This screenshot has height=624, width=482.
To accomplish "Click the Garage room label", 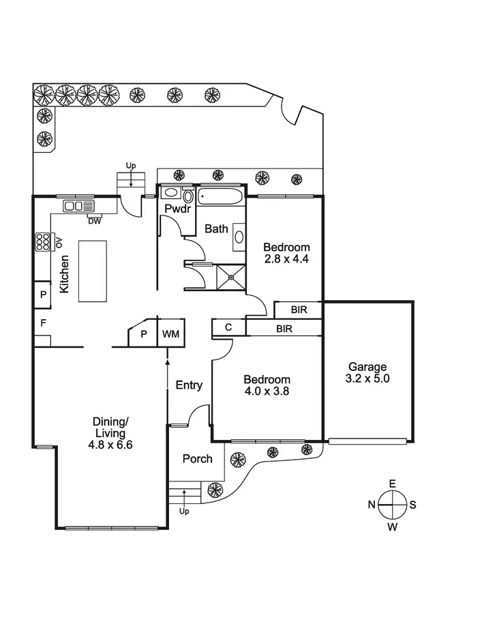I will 367,366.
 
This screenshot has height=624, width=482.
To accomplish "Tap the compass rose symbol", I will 392,505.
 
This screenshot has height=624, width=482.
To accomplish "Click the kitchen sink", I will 79,205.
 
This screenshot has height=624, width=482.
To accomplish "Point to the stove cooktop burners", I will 43,241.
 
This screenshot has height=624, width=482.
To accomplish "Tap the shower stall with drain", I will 231,277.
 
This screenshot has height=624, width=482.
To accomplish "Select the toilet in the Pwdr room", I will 188,196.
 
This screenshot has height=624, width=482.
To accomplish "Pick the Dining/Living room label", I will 109,427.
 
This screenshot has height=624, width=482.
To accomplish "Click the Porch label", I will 197,459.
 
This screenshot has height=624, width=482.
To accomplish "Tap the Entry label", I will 189,385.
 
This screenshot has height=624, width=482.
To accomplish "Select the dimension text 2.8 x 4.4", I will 286,259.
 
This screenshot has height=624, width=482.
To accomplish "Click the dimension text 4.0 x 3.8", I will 267,391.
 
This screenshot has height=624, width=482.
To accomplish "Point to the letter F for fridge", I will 42,323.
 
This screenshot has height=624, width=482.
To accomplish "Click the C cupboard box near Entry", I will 228,328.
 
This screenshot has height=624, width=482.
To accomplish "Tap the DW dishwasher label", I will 94,220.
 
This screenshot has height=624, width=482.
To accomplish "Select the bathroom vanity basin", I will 239,237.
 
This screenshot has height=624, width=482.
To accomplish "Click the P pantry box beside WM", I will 144,334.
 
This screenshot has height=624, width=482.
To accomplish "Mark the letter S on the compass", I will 412,505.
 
